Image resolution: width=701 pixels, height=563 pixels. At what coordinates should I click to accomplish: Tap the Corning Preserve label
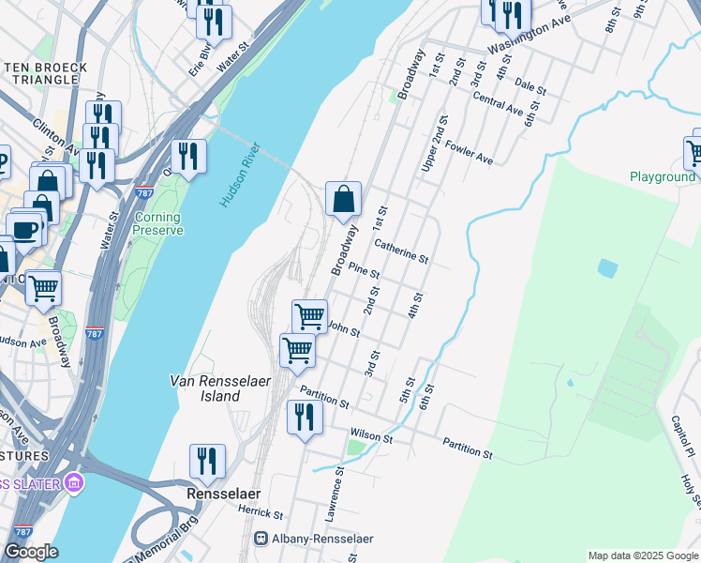pos(157,223)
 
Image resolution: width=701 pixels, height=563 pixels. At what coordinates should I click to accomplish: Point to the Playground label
pos(663,176)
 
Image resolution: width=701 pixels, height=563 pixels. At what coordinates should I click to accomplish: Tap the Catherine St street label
pos(401,251)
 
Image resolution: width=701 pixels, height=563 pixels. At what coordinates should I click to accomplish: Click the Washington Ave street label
pos(529,35)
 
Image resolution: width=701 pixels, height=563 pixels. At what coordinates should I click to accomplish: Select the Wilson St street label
pos(370,435)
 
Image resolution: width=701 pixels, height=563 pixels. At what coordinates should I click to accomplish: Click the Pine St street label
pos(364,270)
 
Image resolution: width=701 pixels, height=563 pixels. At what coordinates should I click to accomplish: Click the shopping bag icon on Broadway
pos(344,198)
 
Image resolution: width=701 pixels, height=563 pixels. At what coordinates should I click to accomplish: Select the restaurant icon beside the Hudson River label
pos(188,157)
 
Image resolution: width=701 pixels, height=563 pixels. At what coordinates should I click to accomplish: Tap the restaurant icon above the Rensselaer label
pos(207,461)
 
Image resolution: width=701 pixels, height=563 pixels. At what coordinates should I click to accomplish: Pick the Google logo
pos(30,553)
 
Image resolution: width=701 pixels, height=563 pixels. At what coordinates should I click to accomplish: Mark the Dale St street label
pos(530,86)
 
